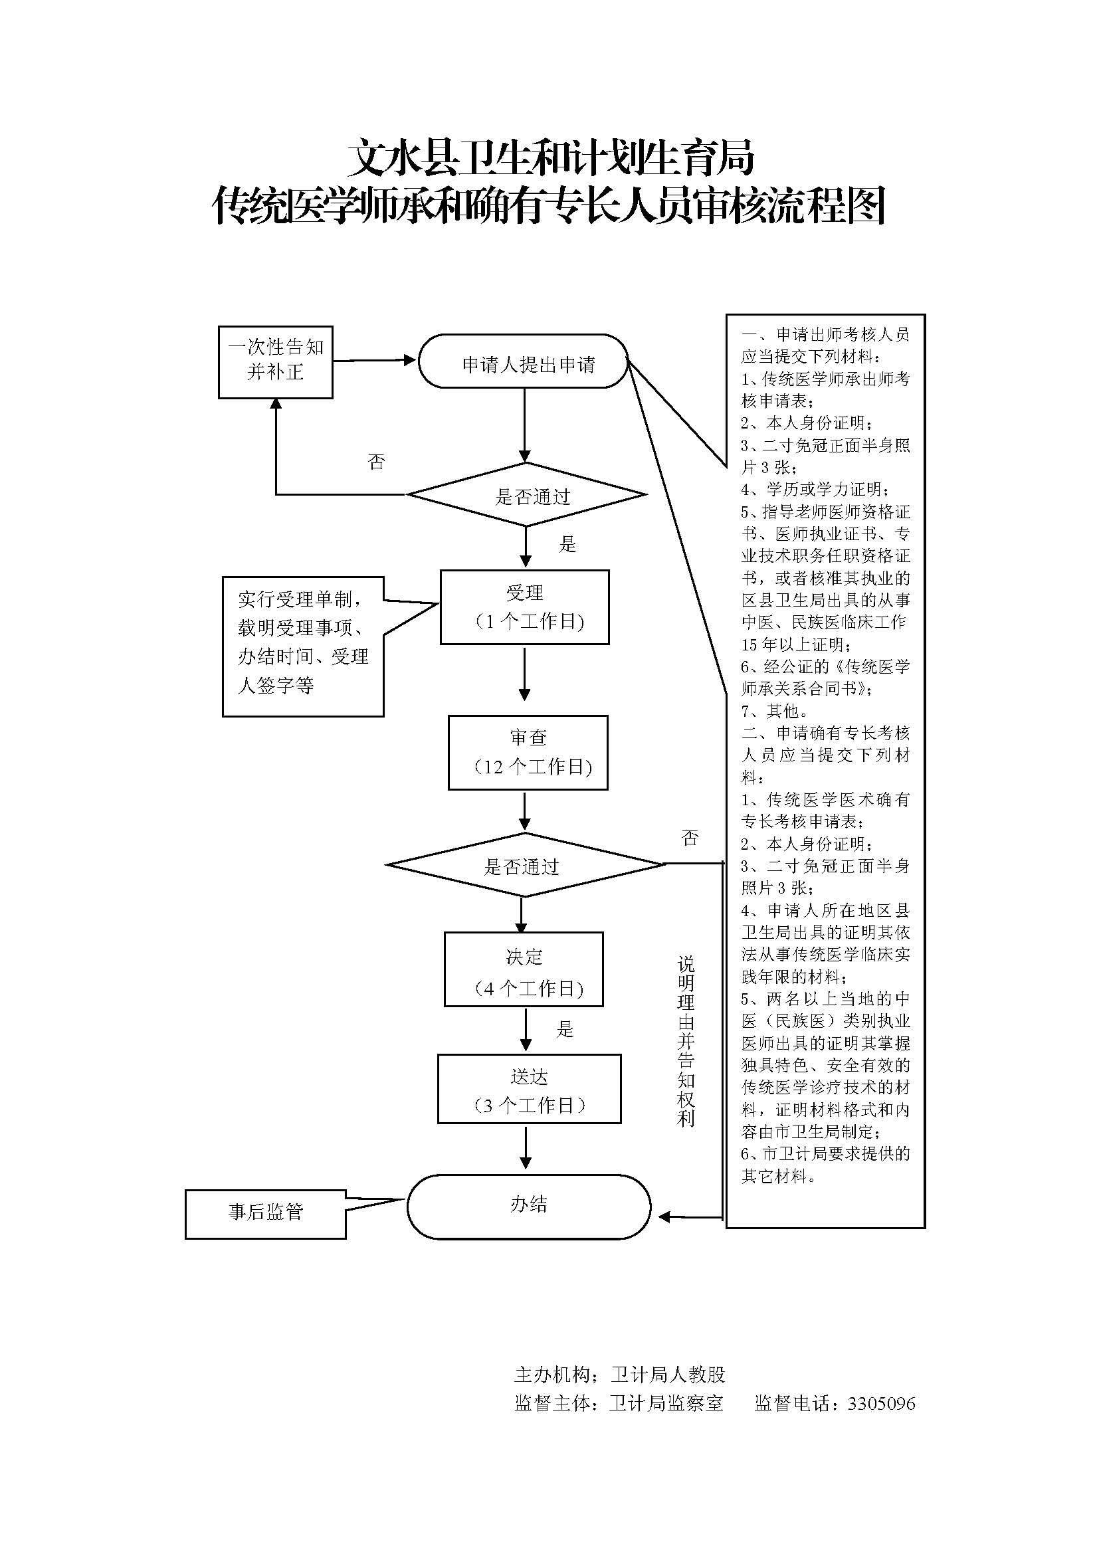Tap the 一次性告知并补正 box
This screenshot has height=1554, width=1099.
coord(276,362)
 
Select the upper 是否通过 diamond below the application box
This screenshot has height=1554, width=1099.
coord(526,495)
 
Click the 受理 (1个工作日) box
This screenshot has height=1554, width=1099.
coord(524,607)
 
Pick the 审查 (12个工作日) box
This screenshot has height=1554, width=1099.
coord(528,753)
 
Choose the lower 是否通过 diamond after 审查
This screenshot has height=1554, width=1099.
coord(524,865)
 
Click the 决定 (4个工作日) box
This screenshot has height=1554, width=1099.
coord(524,969)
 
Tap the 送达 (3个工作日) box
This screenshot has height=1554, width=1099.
coord(529,1089)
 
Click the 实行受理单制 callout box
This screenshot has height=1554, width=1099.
coord(303,646)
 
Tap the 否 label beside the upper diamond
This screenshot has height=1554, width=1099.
coord(376,462)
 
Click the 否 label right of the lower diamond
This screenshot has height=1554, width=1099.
coord(690,838)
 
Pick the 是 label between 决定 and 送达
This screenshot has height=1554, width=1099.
coord(565,1029)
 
